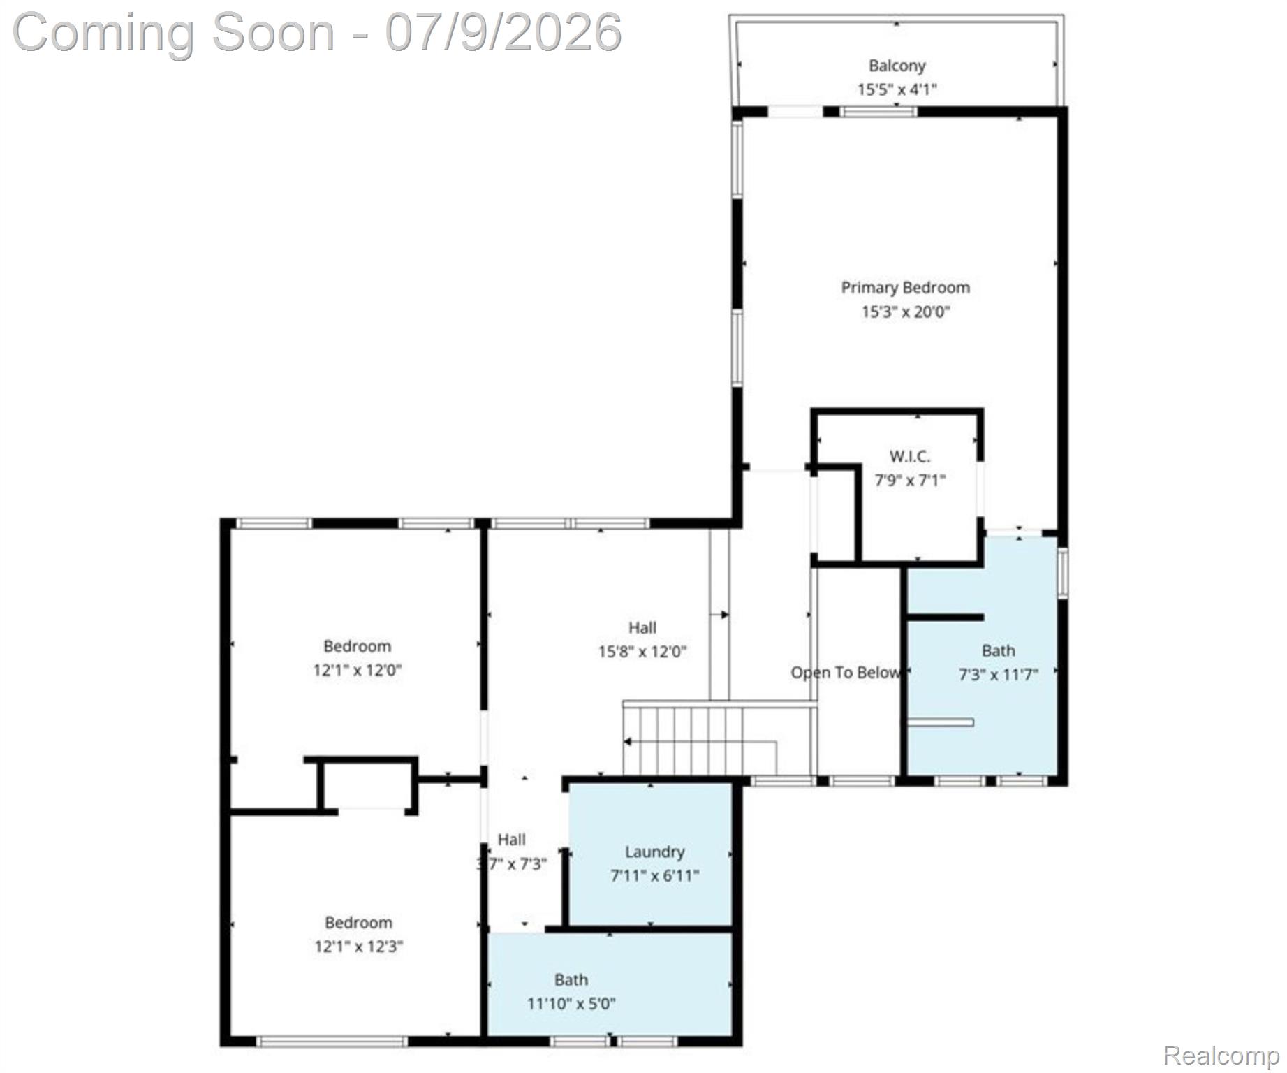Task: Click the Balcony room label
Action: pyautogui.click(x=897, y=66)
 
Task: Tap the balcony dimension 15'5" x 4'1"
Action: pyautogui.click(x=897, y=89)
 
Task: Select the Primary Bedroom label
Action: pyautogui.click(x=905, y=288)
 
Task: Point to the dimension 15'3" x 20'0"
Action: pyautogui.click(x=906, y=312)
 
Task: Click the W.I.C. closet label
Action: pyautogui.click(x=910, y=457)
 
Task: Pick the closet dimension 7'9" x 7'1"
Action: pyautogui.click(x=910, y=481)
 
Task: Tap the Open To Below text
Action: pyautogui.click(x=845, y=673)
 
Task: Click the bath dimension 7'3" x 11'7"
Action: pyautogui.click(x=998, y=675)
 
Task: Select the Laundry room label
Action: pyautogui.click(x=654, y=852)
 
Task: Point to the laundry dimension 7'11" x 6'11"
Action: pyautogui.click(x=654, y=876)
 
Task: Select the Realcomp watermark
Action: pyautogui.click(x=1221, y=1056)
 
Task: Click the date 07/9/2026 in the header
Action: pyautogui.click(x=503, y=33)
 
